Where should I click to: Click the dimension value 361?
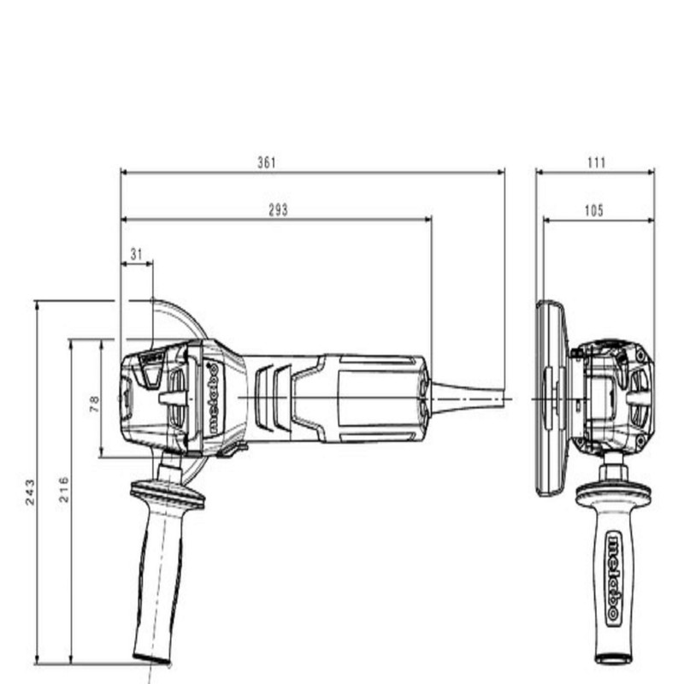click(267, 162)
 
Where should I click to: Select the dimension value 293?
click(278, 209)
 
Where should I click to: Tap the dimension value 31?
click(137, 254)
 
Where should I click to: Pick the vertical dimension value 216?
click(64, 488)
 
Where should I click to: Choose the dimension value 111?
click(596, 162)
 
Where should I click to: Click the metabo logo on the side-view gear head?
click(210, 398)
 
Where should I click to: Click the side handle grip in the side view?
click(159, 581)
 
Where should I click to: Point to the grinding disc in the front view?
click(551, 398)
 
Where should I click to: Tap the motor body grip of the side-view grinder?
click(368, 398)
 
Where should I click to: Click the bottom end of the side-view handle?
click(151, 657)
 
